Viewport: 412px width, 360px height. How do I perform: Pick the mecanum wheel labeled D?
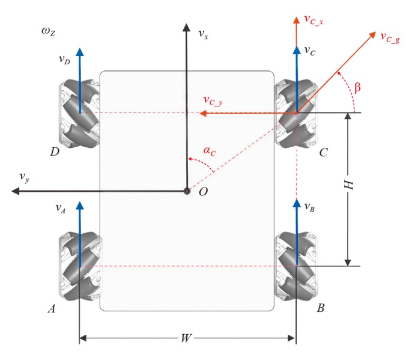click(79, 113)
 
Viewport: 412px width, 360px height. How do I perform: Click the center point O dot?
click(187, 191)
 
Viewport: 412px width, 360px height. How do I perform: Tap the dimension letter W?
click(186, 338)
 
